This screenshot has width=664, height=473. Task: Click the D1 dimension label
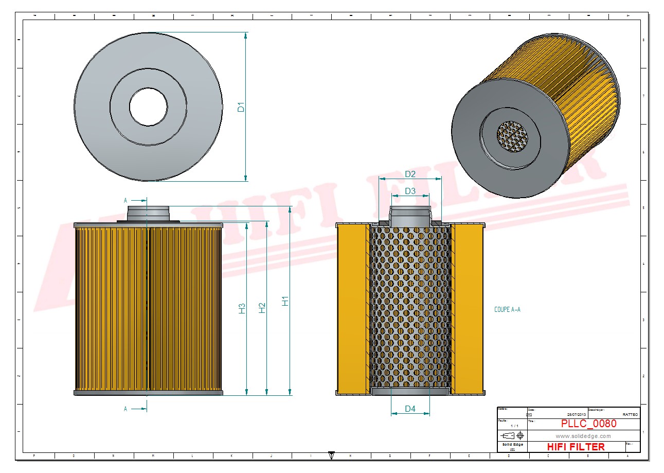click(240, 108)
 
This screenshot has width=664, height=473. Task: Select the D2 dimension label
click(410, 174)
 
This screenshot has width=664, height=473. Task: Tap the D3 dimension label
click(410, 191)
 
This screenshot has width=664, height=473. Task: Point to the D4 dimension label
click(410, 409)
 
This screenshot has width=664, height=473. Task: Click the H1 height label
click(285, 301)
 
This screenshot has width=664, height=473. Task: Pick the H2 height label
click(262, 307)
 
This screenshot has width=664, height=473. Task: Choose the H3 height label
click(242, 308)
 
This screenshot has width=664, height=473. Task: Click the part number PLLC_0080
click(588, 424)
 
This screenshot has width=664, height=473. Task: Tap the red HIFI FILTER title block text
click(576, 447)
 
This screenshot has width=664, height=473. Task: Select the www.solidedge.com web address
click(583, 436)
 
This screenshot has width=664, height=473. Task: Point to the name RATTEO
click(630, 414)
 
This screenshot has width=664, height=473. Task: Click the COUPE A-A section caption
click(507, 309)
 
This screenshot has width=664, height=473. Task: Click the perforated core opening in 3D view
click(513, 136)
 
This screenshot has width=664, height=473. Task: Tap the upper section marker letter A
click(125, 200)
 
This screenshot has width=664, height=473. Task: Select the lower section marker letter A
click(125, 409)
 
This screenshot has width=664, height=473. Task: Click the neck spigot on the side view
click(148, 213)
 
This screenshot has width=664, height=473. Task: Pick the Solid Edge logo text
click(512, 444)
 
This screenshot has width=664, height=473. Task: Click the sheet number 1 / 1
click(514, 426)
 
